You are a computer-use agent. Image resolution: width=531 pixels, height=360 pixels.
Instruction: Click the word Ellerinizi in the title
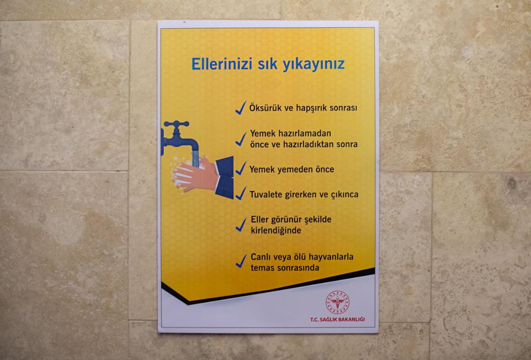click(222, 64)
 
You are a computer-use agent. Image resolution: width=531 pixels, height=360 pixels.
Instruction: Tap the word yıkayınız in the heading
click(314, 64)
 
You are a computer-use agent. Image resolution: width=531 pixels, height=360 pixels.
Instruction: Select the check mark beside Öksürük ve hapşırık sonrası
click(241, 108)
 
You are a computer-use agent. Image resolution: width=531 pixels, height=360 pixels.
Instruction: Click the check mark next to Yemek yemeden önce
click(241, 168)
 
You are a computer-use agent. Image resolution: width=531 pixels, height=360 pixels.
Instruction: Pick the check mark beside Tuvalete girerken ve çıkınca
click(241, 193)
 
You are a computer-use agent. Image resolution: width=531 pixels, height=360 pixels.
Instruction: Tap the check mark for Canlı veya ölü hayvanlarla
click(241, 261)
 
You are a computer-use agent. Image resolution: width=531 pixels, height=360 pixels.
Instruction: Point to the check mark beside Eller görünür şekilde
click(241, 225)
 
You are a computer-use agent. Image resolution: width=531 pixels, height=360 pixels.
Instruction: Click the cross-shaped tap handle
click(177, 124)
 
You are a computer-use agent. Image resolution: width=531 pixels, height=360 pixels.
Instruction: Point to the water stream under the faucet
click(195, 159)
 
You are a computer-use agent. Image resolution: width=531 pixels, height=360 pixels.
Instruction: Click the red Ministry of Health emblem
click(337, 303)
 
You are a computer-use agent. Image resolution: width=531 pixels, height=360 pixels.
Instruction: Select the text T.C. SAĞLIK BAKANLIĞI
click(338, 319)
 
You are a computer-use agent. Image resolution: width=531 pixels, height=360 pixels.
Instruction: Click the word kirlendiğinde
click(276, 231)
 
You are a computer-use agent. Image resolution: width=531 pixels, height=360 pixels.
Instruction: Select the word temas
click(261, 268)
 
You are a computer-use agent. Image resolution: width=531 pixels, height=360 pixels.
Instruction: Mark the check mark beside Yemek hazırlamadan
click(241, 139)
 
